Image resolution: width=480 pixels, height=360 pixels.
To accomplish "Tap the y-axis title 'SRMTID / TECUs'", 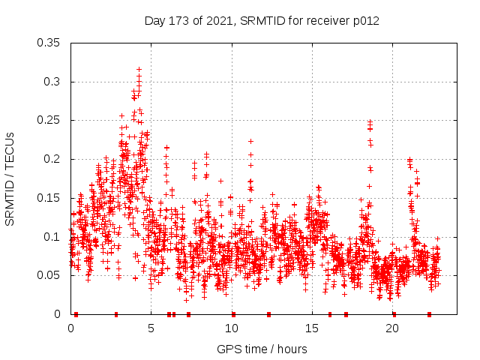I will tap(10, 177).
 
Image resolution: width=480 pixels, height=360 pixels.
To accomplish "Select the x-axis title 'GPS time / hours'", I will tap(262, 349).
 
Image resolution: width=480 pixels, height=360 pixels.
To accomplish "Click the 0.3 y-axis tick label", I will tap(55, 82).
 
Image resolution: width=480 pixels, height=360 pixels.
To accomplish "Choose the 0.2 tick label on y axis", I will tap(55, 159).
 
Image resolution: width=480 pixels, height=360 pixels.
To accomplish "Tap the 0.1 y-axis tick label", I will tap(55, 237).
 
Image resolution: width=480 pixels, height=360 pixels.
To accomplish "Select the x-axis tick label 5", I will tap(151, 328).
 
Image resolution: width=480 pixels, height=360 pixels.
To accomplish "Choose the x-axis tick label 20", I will tap(391, 328).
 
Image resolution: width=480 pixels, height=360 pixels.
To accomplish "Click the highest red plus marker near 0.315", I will tap(139, 69).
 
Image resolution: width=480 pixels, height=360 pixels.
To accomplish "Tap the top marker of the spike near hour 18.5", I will tap(369, 121).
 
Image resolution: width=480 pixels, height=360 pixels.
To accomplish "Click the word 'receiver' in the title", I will tap(324, 21).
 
